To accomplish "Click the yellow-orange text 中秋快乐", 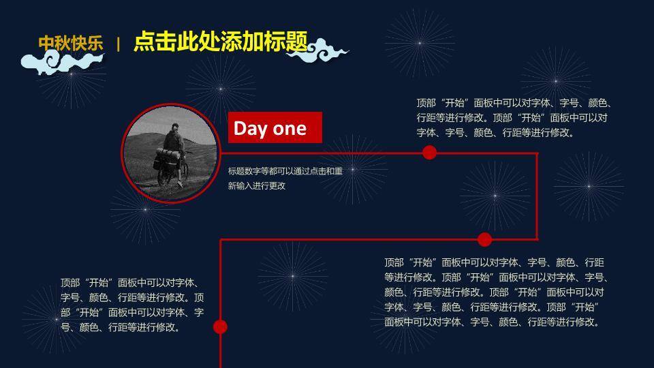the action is pyautogui.click(x=70, y=44).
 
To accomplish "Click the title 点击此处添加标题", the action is pyautogui.click(x=221, y=42).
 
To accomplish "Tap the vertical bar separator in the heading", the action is pyautogui.click(x=119, y=44).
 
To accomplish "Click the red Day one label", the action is pyautogui.click(x=275, y=127).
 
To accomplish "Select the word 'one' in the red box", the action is pyautogui.click(x=290, y=129).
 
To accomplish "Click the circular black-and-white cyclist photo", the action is pyautogui.click(x=170, y=153).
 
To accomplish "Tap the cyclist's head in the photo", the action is pyautogui.click(x=175, y=127).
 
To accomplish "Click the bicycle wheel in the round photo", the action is pyautogui.click(x=184, y=170).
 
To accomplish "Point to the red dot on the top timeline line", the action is pyautogui.click(x=429, y=153).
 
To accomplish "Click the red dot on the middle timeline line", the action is pyautogui.click(x=484, y=239).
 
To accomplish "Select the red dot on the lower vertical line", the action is pyautogui.click(x=220, y=326).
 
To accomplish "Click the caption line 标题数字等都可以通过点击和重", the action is pyautogui.click(x=285, y=171).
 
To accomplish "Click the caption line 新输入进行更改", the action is pyautogui.click(x=257, y=186).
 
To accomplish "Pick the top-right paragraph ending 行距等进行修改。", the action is pyautogui.click(x=514, y=118).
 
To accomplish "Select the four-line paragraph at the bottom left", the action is pyautogui.click(x=132, y=305).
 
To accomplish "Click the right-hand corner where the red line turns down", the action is pyautogui.click(x=537, y=153).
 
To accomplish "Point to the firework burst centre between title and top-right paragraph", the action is pyautogui.click(x=420, y=43).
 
